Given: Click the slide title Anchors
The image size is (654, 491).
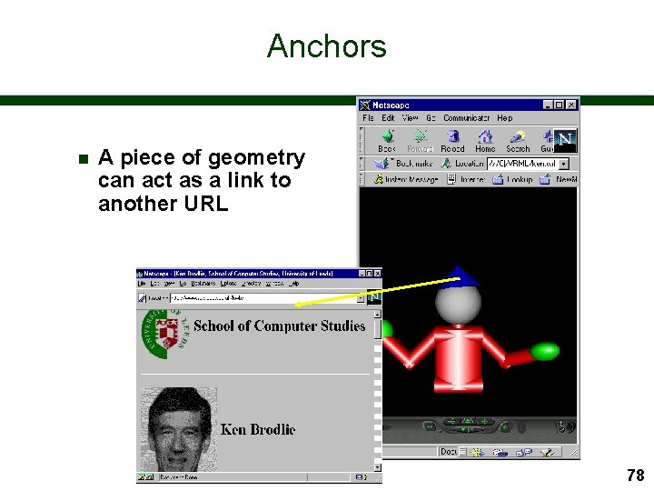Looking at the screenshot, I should (327, 46).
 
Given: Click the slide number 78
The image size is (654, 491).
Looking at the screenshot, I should (635, 475).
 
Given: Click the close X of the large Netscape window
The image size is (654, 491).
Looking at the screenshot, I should (571, 105).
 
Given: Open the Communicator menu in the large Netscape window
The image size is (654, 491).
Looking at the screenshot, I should (466, 117).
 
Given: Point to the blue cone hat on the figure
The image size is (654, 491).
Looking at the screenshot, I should (463, 274).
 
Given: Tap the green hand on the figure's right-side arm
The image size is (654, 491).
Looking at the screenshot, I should (545, 351).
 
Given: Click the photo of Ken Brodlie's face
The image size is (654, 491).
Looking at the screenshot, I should (179, 428).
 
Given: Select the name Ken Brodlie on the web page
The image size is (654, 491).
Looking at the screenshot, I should (258, 429).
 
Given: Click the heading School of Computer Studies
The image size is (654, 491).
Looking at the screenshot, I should (280, 326).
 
